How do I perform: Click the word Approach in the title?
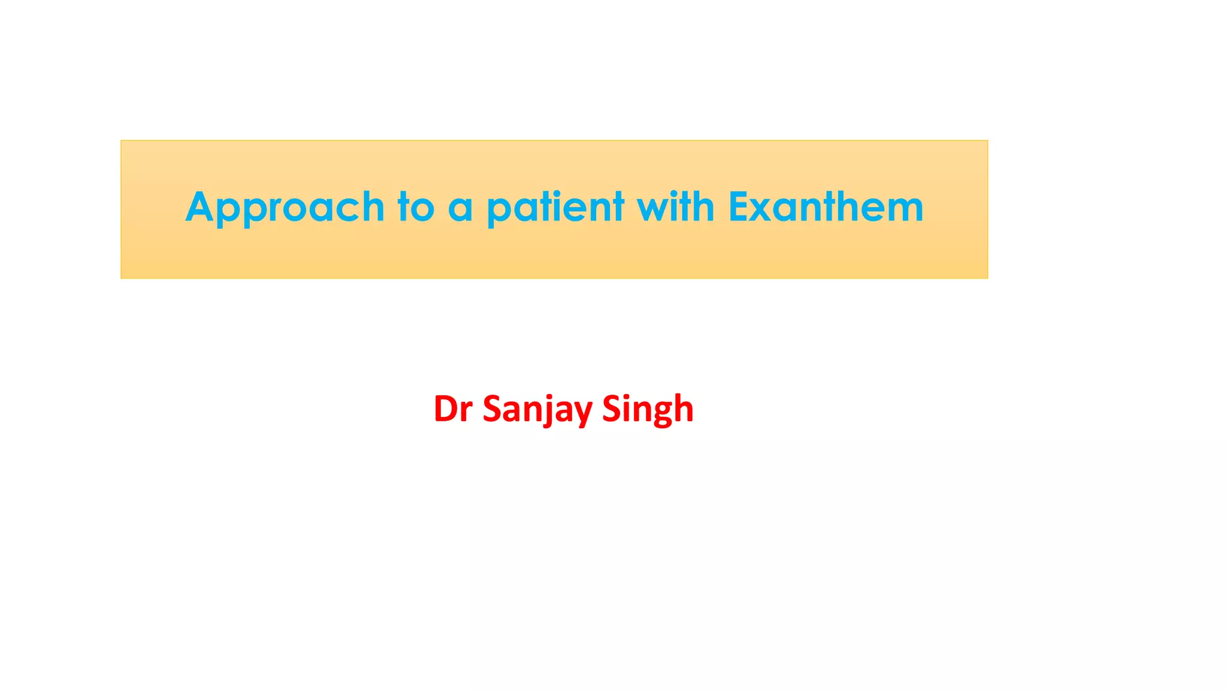285,208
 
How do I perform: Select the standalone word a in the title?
460,208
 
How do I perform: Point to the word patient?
555,208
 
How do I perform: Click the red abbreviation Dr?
453,409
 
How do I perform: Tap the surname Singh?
648,409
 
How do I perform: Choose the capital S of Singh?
612,409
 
